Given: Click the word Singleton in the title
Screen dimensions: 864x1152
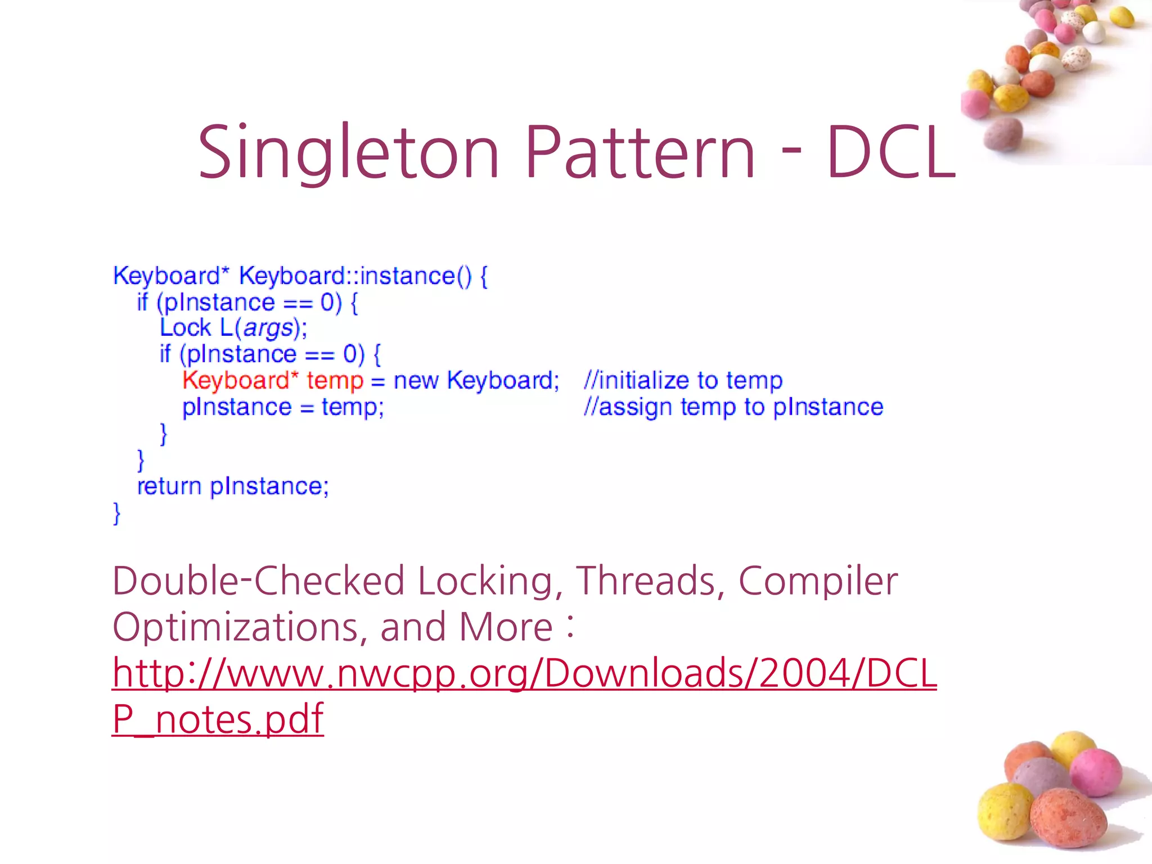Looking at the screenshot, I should point(349,153).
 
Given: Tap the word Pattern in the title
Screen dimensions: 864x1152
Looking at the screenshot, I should point(640,153).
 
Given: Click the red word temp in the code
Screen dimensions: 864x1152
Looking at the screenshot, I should point(335,381).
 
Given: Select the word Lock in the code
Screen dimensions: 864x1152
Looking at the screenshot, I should point(185,328).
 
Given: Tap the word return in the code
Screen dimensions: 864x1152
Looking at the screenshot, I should point(169,487).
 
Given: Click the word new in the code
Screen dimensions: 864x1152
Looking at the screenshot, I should point(416,381).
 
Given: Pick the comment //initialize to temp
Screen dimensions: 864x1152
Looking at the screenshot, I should point(683,381).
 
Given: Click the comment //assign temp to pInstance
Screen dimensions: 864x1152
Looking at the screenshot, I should point(733,407).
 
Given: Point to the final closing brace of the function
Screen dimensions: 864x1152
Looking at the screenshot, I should point(117,513).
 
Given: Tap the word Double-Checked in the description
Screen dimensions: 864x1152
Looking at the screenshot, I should point(258,581).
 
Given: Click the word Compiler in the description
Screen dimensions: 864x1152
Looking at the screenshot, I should point(818,581).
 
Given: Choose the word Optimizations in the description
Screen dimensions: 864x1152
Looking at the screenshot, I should point(235,627).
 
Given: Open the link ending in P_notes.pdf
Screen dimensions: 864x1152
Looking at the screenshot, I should point(218,719).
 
